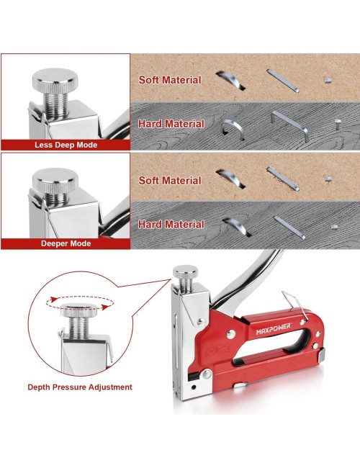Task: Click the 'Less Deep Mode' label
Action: click(x=66, y=145)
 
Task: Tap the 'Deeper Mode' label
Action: click(x=66, y=243)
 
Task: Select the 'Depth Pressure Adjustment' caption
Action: click(x=80, y=387)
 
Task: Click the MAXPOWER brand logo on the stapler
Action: click(x=273, y=329)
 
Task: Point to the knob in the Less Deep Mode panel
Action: click(x=55, y=80)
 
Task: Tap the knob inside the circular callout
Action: click(x=78, y=310)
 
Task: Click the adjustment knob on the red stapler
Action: click(x=185, y=271)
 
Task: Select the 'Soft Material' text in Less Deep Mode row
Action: click(x=170, y=80)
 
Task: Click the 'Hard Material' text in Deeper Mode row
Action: click(x=171, y=225)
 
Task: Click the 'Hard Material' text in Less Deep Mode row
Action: click(x=171, y=124)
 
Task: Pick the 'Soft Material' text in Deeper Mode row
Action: click(x=170, y=181)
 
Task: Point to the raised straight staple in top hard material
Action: click(x=290, y=126)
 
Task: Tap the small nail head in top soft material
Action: click(x=328, y=81)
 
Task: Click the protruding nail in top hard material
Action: click(x=338, y=124)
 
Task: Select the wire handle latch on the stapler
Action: click(x=295, y=305)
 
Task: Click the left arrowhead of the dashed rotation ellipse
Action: click(x=54, y=300)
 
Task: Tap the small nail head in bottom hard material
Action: click(x=334, y=227)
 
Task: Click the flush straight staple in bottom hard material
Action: click(x=289, y=228)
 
